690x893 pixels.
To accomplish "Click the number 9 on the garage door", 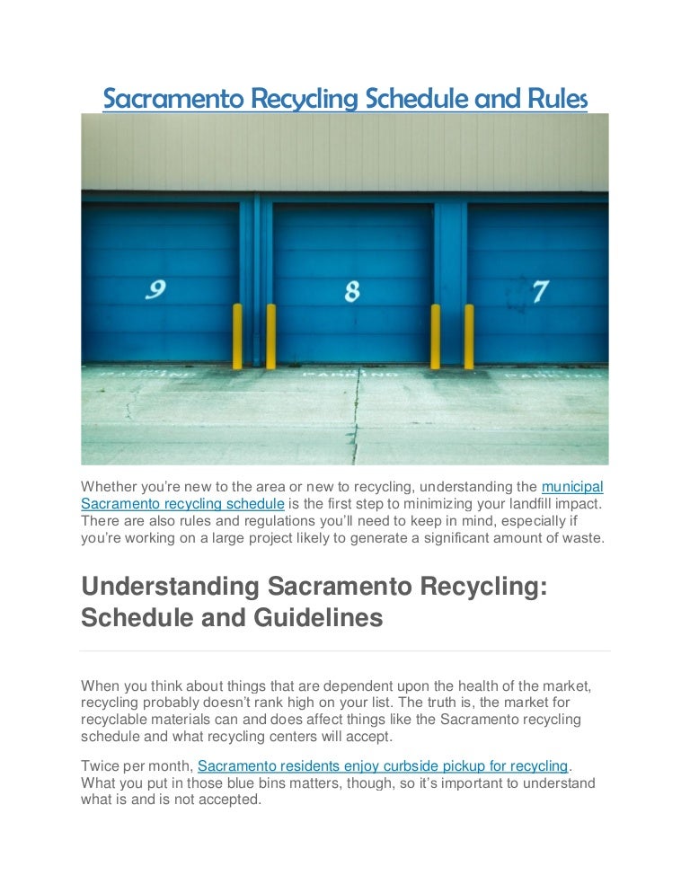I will coord(156,289).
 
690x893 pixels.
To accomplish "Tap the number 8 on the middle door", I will coord(352,290).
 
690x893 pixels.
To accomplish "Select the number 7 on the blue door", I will coord(540,290).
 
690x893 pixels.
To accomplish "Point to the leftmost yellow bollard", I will coord(237,336).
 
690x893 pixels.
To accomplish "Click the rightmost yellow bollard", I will coord(468,336).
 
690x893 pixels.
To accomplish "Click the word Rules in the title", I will coord(562,99).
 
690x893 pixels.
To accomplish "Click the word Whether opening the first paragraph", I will coord(111,487).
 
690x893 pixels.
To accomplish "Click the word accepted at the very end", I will coord(228,800).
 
